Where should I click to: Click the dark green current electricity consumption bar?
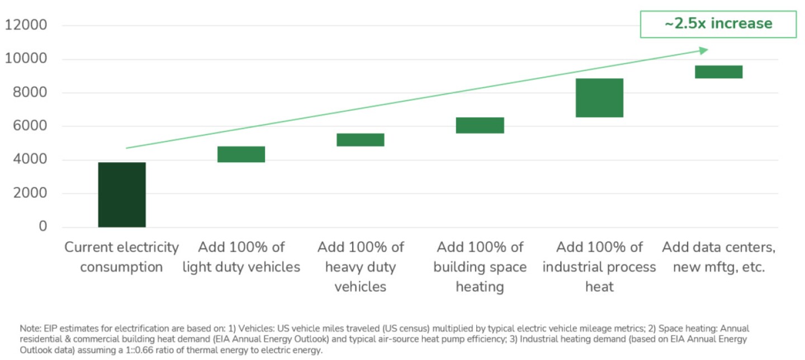(x=122, y=195)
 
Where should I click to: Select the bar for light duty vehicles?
(x=241, y=154)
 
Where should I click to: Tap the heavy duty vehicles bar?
(x=361, y=140)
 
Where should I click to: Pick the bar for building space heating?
(x=480, y=125)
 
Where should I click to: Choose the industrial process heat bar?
(x=599, y=98)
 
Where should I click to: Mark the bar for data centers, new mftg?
(x=718, y=72)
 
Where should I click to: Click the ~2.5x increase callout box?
(x=718, y=23)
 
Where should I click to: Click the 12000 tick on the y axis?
(x=26, y=25)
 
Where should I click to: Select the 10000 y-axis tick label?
(x=26, y=59)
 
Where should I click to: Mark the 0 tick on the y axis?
(x=43, y=227)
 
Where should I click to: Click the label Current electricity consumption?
(x=121, y=257)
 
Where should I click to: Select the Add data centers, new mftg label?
(x=718, y=257)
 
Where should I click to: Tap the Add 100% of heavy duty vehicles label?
(x=361, y=267)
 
